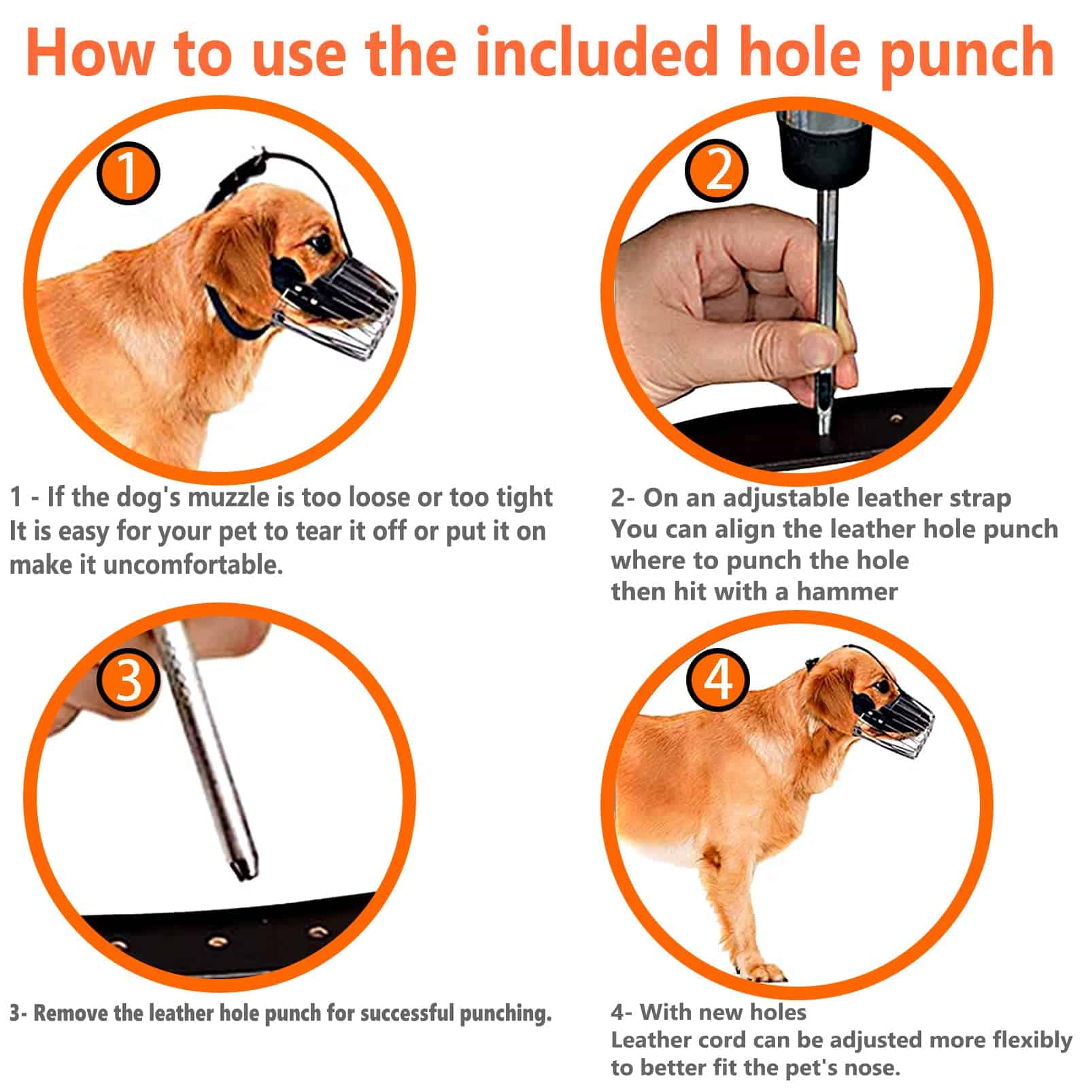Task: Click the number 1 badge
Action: coord(128,173)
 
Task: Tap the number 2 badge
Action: coord(715,170)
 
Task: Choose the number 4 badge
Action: coord(717,679)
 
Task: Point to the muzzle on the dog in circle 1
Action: coord(340,299)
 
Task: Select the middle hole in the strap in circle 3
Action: coord(218,942)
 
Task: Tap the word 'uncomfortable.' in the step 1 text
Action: coord(193,564)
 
